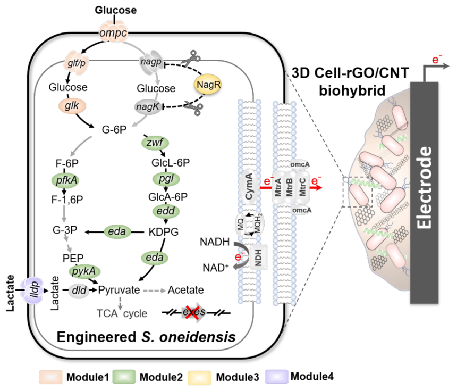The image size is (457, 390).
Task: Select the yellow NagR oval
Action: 208,85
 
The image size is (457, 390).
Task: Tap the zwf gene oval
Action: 155,143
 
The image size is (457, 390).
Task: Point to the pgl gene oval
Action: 166,179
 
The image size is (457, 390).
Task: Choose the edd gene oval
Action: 166,211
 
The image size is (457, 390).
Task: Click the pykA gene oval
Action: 84,271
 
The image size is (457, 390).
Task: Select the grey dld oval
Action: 79,291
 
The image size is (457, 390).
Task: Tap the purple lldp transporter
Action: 32,290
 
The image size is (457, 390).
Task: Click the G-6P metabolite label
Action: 114,129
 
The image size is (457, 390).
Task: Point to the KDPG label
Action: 164,232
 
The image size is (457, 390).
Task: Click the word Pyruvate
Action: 119,290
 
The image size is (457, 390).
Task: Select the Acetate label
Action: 185,290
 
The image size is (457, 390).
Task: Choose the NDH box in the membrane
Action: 258,257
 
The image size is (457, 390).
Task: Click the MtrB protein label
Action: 290,187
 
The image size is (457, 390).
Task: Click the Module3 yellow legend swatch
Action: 199,377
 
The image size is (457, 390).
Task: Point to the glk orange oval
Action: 72,106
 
